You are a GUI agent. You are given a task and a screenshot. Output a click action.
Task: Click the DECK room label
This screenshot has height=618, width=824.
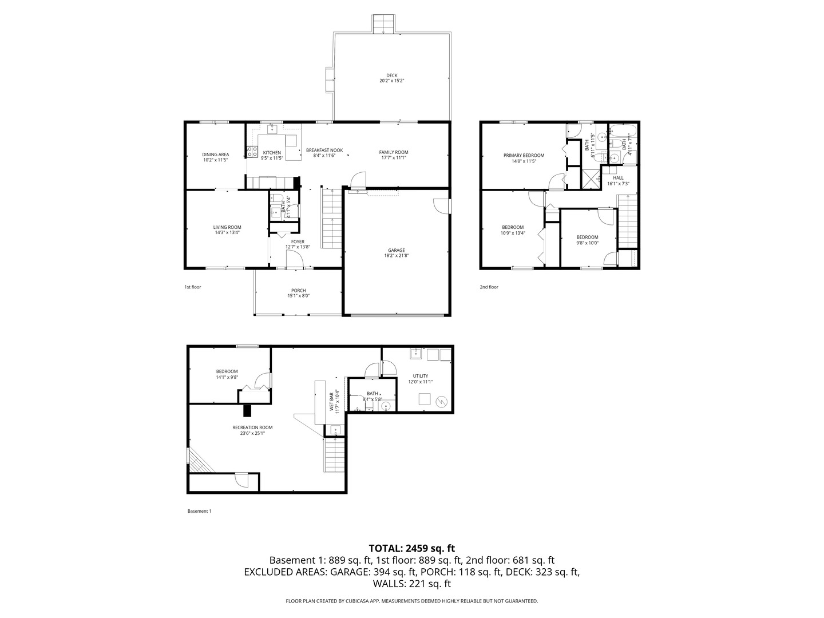click(391, 76)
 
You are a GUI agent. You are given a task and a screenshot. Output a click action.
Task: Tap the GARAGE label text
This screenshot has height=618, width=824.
click(397, 250)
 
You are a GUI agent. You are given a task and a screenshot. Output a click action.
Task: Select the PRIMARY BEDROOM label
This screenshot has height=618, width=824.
click(524, 155)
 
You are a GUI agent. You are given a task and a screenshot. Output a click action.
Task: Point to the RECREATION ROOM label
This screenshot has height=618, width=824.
click(252, 427)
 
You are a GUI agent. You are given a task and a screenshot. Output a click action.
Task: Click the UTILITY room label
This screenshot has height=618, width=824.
click(421, 376)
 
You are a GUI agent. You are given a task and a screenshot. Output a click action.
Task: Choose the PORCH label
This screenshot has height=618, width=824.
click(299, 291)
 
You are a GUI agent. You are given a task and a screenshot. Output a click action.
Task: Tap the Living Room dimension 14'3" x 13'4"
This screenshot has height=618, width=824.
click(227, 232)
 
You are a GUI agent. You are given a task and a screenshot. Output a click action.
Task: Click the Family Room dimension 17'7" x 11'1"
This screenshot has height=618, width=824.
click(394, 157)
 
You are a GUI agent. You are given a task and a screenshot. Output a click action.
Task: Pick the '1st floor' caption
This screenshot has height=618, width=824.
click(193, 287)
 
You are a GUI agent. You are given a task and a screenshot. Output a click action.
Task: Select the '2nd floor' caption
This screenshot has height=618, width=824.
click(489, 287)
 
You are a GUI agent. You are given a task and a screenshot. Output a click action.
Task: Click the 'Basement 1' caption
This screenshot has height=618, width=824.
click(199, 511)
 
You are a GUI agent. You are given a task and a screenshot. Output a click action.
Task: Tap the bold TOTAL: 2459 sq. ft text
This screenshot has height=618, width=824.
click(412, 548)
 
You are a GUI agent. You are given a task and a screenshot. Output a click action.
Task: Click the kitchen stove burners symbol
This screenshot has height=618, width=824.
click(252, 152)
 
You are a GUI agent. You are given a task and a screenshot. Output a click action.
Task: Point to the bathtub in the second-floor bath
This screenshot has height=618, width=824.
click(623, 132)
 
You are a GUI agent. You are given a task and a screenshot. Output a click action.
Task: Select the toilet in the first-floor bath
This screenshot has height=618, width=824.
click(277, 198)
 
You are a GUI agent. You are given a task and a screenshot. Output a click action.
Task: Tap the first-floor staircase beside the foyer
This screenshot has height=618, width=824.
click(331, 219)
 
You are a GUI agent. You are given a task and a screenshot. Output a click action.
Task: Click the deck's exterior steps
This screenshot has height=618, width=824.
click(383, 24)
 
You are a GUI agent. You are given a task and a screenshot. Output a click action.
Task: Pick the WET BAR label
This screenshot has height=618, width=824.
click(331, 402)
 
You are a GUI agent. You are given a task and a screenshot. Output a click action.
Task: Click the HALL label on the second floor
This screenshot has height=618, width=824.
click(618, 178)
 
